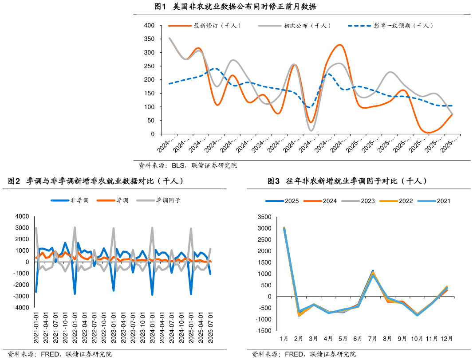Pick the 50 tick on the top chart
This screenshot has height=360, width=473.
tap(151, 121)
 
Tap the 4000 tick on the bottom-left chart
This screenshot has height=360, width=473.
tap(22, 216)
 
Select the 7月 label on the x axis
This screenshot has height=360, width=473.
tap(372, 339)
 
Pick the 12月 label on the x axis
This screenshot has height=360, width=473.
tap(446, 339)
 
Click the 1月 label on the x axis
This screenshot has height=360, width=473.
tap(284, 339)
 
